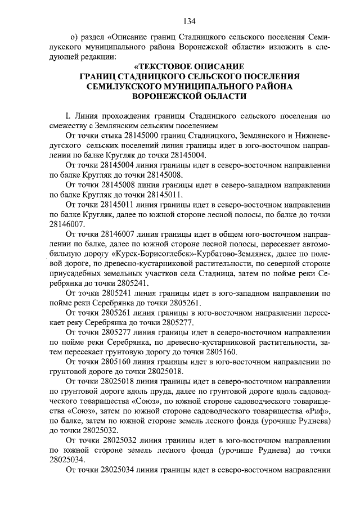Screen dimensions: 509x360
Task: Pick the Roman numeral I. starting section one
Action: (69, 116)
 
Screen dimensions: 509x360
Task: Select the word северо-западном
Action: (220, 183)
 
